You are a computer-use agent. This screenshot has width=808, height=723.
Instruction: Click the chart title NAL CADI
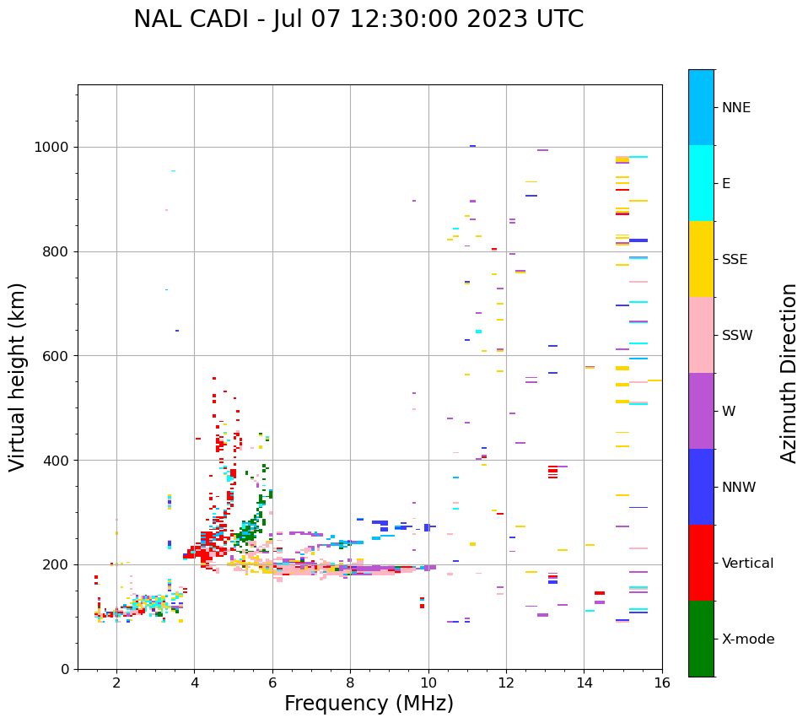358,19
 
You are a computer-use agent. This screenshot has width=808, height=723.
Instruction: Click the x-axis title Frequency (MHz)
369,704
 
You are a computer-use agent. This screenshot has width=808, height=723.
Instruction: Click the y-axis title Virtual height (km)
19,377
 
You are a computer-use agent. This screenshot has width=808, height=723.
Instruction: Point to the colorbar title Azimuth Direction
789,373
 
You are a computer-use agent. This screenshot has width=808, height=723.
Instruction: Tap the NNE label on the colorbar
735,108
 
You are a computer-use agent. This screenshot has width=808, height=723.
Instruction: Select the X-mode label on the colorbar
747,639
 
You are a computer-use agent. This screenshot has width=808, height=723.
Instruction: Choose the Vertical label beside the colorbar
747,564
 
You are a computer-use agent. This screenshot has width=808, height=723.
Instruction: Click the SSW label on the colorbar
737,336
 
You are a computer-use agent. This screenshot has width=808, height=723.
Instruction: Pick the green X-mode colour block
701,639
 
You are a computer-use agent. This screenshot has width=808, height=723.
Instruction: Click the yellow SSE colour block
701,259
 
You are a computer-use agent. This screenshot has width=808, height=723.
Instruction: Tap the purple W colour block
701,411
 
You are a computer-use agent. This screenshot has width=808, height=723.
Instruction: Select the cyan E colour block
701,183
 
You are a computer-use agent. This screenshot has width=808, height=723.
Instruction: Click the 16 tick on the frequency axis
662,683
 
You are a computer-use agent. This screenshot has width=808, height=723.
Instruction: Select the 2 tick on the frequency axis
116,683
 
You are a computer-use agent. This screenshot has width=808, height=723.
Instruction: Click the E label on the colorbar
726,184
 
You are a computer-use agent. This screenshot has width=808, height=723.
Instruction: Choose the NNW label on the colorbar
739,488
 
